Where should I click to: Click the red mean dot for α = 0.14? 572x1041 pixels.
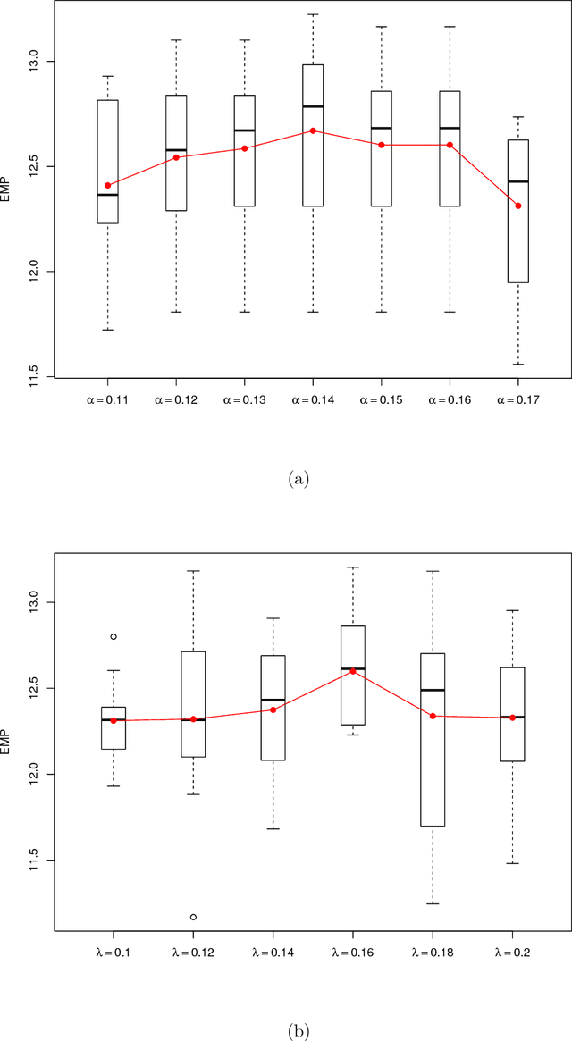point(313,130)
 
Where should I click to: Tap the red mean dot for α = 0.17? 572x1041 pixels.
point(518,206)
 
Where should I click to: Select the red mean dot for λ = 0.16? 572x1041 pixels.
point(353,671)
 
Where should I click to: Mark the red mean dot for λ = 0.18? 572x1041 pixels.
point(433,716)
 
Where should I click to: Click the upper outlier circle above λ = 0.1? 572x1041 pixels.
point(114,637)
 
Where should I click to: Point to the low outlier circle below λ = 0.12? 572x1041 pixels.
point(193,917)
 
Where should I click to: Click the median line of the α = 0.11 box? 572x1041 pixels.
point(107,194)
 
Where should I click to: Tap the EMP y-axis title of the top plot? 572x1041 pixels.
point(7,192)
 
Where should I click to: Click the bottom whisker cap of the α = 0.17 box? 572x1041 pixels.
point(518,364)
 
